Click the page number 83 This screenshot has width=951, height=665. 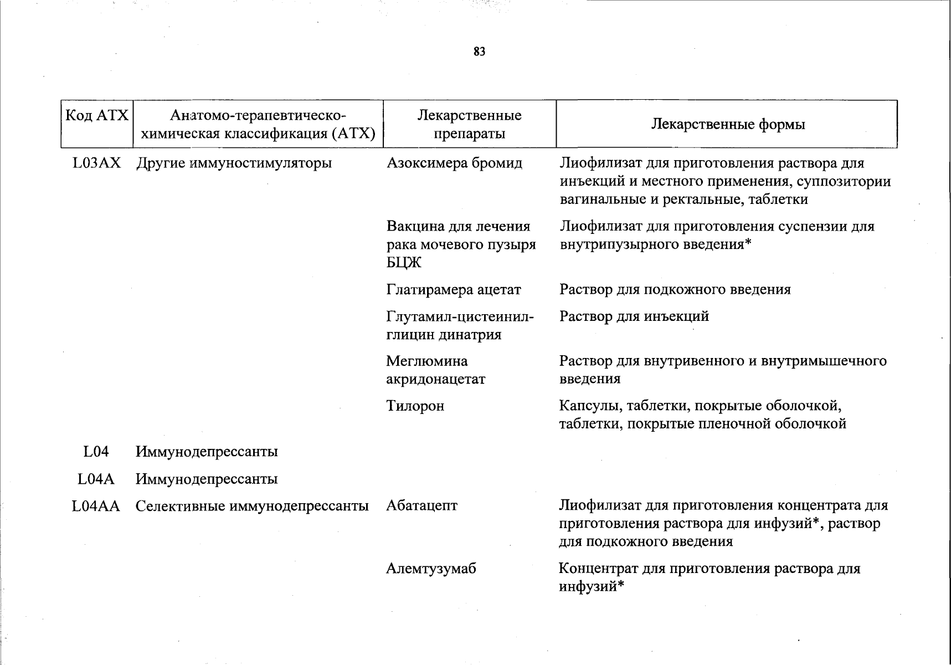[x=480, y=52]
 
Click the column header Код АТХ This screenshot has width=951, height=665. [x=97, y=116]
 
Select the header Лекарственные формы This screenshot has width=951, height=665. [x=727, y=124]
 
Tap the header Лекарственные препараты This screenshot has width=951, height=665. [x=469, y=124]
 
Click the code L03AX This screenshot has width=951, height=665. [x=96, y=163]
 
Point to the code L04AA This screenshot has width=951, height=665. [x=96, y=506]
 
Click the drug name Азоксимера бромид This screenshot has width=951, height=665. [x=454, y=163]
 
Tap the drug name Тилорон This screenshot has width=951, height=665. [x=415, y=406]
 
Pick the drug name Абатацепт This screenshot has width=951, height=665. [x=421, y=506]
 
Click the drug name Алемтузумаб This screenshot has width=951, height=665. [x=431, y=569]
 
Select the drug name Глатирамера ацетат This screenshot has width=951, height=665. [x=454, y=290]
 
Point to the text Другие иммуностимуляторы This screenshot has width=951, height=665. [x=234, y=163]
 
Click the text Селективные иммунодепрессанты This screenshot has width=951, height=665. [x=252, y=506]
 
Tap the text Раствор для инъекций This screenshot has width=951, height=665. [x=634, y=316]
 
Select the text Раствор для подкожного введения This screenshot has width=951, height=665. [x=675, y=289]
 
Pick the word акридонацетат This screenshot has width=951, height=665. [x=435, y=380]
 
